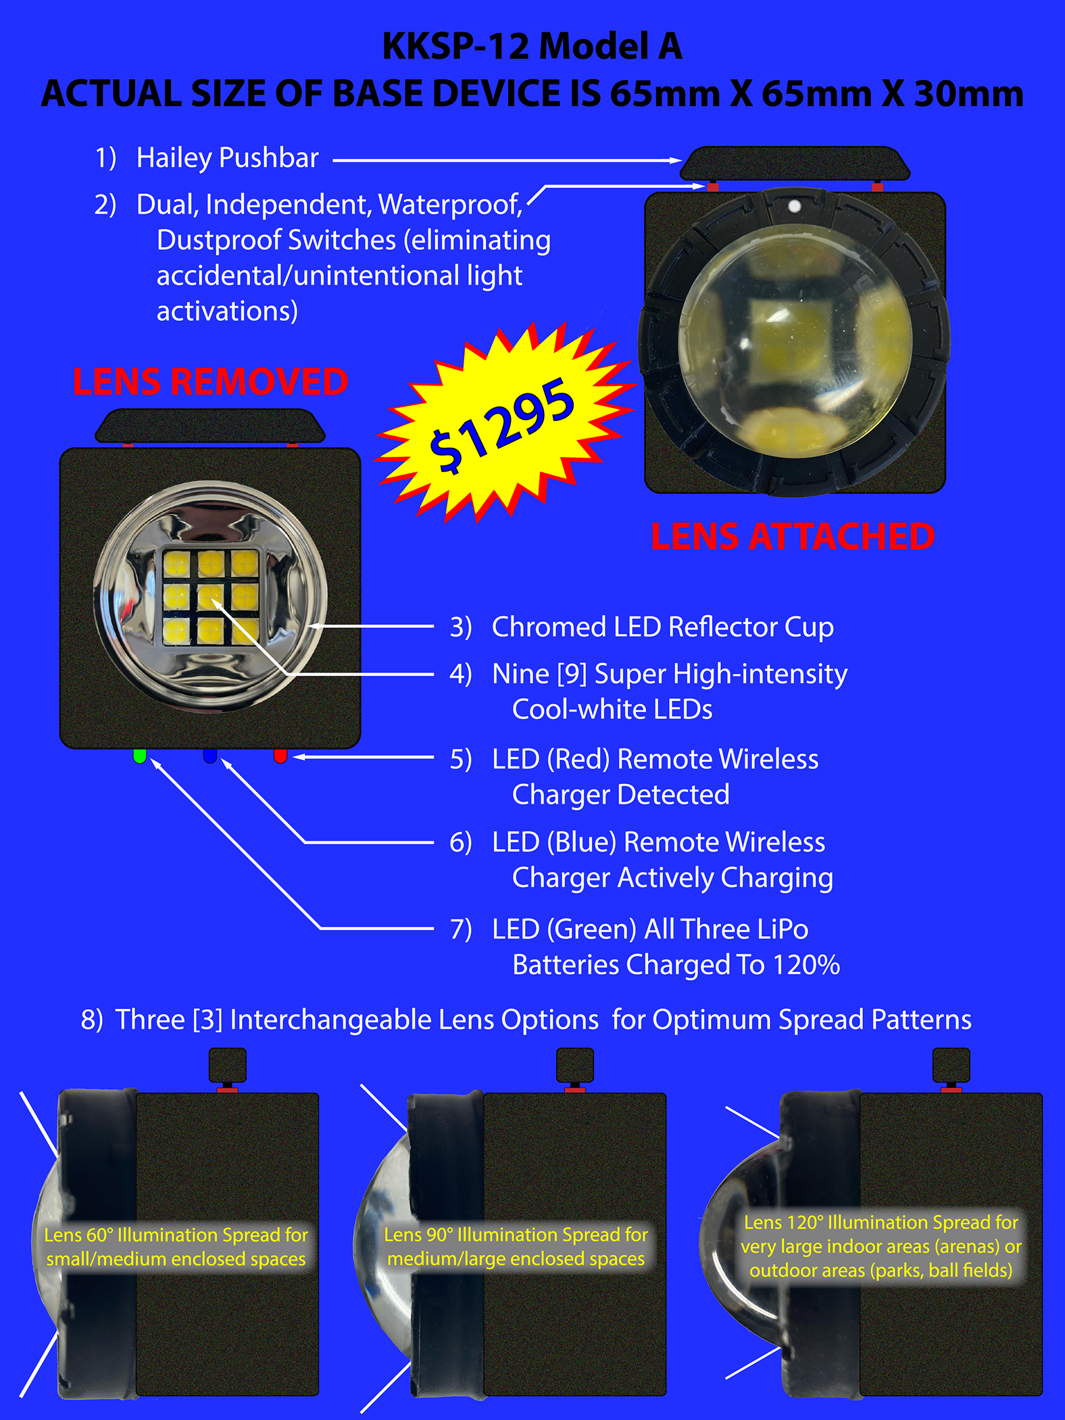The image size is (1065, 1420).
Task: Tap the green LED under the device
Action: (x=140, y=756)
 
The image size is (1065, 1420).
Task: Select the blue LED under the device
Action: (x=210, y=756)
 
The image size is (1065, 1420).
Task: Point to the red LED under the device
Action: (x=280, y=756)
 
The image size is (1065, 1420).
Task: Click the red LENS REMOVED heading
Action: (x=210, y=382)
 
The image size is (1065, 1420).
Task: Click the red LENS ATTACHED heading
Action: (x=793, y=537)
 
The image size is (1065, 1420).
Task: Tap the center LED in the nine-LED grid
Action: (x=211, y=596)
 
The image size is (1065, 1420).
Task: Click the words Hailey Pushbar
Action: (x=227, y=158)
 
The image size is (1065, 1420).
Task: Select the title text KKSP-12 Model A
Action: (x=532, y=47)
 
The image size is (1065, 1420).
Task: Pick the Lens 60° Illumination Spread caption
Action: (x=176, y=1246)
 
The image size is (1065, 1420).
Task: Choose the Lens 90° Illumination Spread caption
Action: (x=516, y=1246)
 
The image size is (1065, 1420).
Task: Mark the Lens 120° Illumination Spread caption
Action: (x=881, y=1246)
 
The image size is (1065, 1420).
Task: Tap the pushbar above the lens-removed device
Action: (x=210, y=426)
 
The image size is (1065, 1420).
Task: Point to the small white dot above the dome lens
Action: (x=795, y=206)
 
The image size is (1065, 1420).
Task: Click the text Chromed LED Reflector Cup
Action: (x=662, y=627)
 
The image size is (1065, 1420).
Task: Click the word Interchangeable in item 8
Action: (x=414, y=1020)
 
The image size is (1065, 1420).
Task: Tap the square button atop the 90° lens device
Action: (x=575, y=1065)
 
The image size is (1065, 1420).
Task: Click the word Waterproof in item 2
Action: (x=449, y=205)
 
